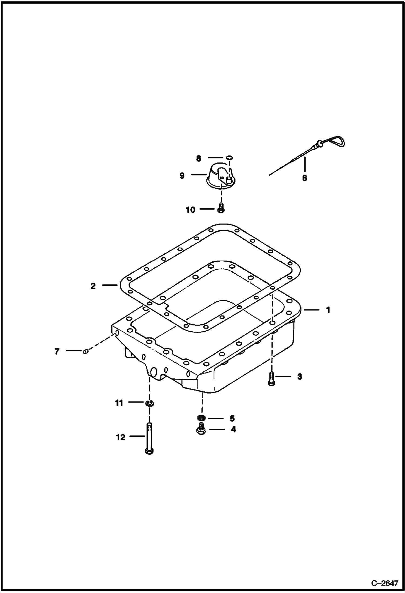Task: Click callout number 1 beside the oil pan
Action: [x=328, y=310]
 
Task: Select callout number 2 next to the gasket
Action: [x=93, y=286]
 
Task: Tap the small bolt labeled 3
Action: [x=271, y=378]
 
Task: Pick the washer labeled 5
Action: [x=201, y=418]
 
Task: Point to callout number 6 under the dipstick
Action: [x=304, y=178]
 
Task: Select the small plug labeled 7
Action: [x=86, y=351]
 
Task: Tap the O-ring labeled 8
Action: [x=229, y=158]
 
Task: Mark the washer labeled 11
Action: [x=149, y=403]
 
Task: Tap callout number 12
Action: [x=121, y=437]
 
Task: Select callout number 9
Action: [x=182, y=176]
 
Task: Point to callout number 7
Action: [x=57, y=351]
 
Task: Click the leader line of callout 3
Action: [x=283, y=376]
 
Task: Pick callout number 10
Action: [x=190, y=210]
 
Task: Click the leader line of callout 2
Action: [x=110, y=285]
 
